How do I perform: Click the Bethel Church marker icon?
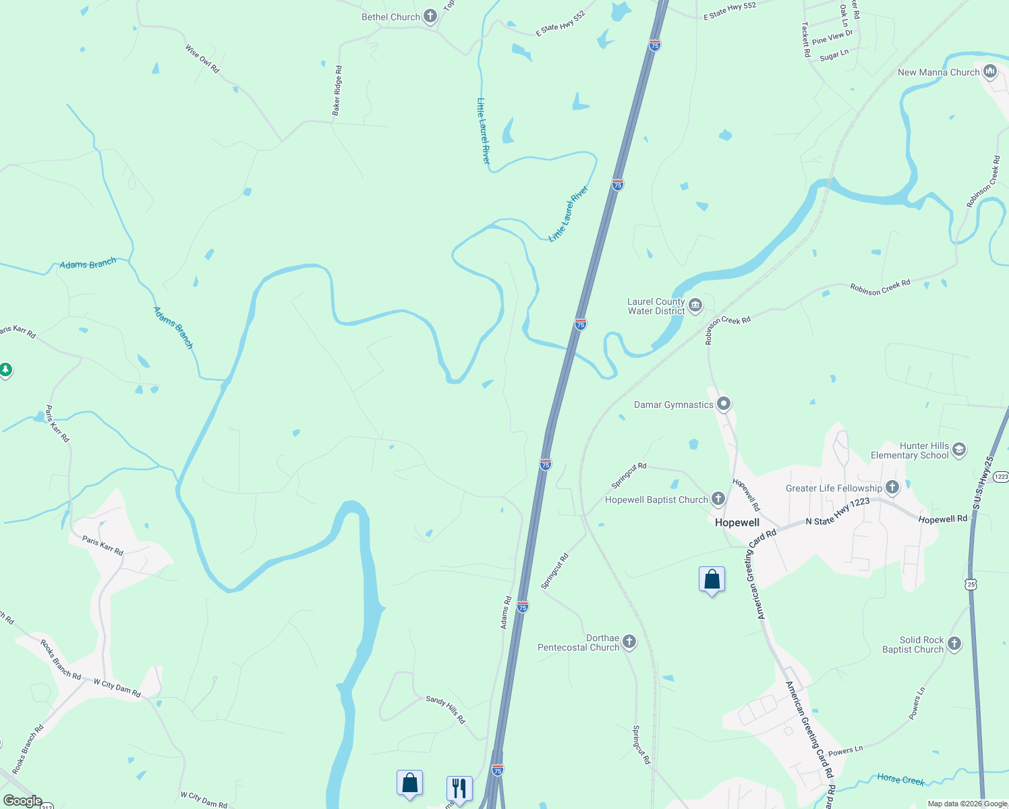point(430,18)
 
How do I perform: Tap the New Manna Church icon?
point(990,71)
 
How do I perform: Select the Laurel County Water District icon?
point(695,306)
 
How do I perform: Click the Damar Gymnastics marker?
point(724,404)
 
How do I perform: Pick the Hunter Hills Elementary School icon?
point(959,450)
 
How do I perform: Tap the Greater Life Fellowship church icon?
point(892,487)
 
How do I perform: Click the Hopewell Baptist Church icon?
point(718,500)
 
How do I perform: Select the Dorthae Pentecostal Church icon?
point(629,642)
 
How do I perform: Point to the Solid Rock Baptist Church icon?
point(954,644)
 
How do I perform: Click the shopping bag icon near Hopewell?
point(712,580)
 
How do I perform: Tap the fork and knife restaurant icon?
point(459,787)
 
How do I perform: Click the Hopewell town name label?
point(737,522)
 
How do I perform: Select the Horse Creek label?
point(900,779)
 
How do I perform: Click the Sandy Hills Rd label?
point(445,709)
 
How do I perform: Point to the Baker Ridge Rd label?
point(337,90)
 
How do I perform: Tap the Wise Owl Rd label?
point(202,59)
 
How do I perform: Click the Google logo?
point(22,801)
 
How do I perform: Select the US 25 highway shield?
point(971,585)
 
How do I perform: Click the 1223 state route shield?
point(1001,477)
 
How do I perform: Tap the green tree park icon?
point(5,369)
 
